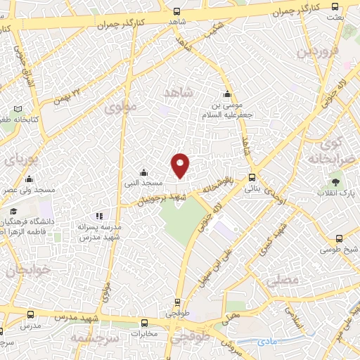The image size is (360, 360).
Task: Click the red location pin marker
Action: (x=181, y=165)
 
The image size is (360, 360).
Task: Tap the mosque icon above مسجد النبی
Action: (x=143, y=172)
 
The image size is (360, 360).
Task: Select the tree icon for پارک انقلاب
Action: (x=335, y=182)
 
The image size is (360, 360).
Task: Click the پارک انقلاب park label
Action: (x=335, y=193)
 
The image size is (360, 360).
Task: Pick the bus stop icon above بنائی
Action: (x=252, y=178)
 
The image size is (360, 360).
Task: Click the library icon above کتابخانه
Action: (x=18, y=110)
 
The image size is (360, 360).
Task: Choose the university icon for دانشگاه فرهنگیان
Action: (x=13, y=211)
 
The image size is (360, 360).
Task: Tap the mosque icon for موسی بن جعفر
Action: (x=227, y=95)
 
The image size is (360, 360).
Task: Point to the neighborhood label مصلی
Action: (x=283, y=280)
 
